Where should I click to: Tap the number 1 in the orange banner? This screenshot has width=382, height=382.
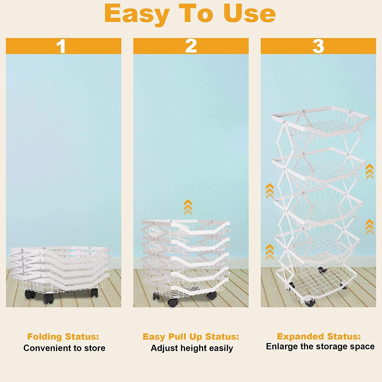tap(61, 46)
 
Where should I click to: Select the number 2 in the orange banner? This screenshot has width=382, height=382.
tap(191, 46)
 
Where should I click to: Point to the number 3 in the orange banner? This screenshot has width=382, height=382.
tap(318, 46)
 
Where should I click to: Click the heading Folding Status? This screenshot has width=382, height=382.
tap(63, 337)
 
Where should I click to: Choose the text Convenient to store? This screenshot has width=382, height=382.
tap(64, 348)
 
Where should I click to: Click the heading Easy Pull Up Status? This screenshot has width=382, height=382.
tap(191, 337)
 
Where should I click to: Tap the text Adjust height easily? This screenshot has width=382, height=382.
tap(192, 348)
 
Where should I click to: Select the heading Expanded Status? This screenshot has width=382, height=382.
tap(319, 336)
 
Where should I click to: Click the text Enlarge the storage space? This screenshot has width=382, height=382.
tap(320, 347)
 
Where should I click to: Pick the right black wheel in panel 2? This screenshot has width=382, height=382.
tap(211, 295)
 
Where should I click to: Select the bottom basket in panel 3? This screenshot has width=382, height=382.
tap(316, 283)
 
